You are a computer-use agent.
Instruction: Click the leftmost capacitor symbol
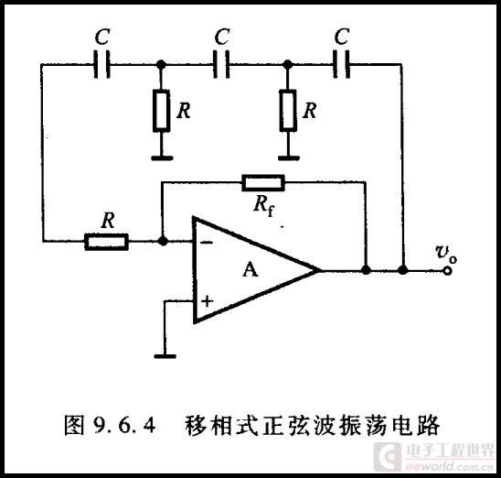click(x=101, y=64)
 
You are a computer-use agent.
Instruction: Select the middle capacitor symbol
click(x=221, y=64)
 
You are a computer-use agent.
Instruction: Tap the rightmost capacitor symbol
click(x=341, y=64)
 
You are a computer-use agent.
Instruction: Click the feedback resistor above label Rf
click(x=263, y=183)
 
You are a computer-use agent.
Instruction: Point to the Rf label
click(x=264, y=205)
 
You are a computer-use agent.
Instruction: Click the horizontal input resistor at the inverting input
click(x=106, y=242)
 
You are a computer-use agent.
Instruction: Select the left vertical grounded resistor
click(x=161, y=111)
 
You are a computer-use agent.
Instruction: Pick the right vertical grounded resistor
click(x=288, y=111)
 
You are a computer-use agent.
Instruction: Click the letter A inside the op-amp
click(x=250, y=269)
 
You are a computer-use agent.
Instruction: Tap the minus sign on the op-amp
click(x=207, y=243)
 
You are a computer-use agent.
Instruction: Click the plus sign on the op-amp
click(x=207, y=301)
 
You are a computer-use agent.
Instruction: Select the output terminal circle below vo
click(x=448, y=271)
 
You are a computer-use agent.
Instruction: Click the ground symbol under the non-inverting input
click(x=165, y=356)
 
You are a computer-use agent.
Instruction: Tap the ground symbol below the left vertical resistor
click(x=162, y=158)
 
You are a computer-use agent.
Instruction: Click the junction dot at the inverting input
click(x=163, y=241)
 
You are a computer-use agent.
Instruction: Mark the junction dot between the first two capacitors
click(x=161, y=64)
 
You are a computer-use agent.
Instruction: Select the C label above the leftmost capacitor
click(x=102, y=37)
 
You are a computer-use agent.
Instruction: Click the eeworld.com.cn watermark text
click(x=449, y=466)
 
